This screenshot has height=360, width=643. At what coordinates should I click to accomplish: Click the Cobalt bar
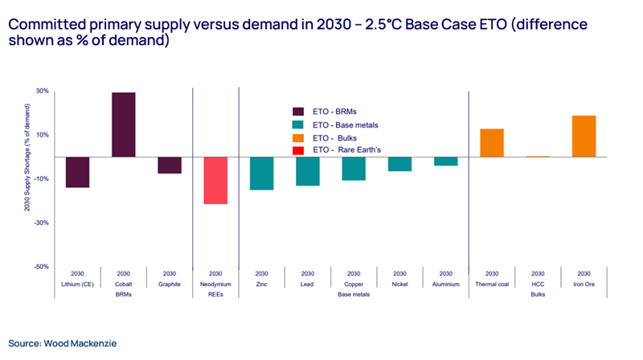tap(123, 125)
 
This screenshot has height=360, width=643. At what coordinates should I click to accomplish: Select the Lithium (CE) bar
tap(77, 172)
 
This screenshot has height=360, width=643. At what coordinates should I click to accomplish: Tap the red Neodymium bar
tap(215, 180)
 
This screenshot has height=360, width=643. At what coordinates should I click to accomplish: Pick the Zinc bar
tap(261, 174)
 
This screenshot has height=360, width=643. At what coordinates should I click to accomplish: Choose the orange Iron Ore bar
tap(584, 136)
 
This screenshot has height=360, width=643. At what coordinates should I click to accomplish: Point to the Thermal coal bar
tap(492, 142)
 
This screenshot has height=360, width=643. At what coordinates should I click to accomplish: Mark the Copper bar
tap(354, 169)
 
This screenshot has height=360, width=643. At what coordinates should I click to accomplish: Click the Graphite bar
tap(170, 165)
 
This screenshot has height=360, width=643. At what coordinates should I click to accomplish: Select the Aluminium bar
tap(446, 162)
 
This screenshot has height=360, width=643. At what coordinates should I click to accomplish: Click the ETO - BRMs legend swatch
tap(298, 112)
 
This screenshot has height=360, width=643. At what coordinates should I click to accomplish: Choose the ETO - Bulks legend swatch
tap(298, 138)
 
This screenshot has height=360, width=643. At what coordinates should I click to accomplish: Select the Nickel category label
tap(399, 284)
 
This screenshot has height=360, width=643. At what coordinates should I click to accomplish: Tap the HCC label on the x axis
tap(538, 284)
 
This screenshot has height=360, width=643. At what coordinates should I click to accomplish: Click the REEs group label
tap(215, 294)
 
